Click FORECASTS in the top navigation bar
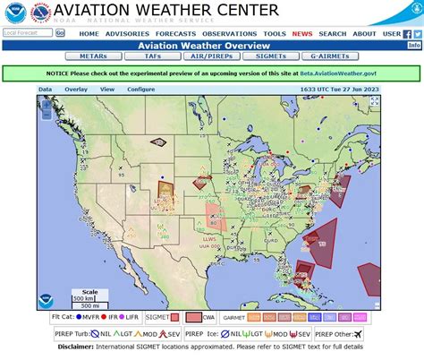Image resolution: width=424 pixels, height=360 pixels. pos(175,33)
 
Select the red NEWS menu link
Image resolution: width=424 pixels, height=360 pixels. pos(301,33)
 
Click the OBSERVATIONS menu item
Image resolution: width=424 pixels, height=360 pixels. pos(229,33)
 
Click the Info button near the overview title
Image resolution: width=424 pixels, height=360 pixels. pos(414,45)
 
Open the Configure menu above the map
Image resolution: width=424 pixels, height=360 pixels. pos(141,90)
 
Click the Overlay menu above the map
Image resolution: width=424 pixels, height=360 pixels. pos(76,90)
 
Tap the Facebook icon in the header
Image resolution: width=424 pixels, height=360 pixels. pos(406,33)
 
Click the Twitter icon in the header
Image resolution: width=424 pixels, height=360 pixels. pos(417,33)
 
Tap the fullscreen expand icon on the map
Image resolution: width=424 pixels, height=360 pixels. pos(374,102)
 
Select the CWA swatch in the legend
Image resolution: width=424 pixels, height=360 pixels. pos(192,317)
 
